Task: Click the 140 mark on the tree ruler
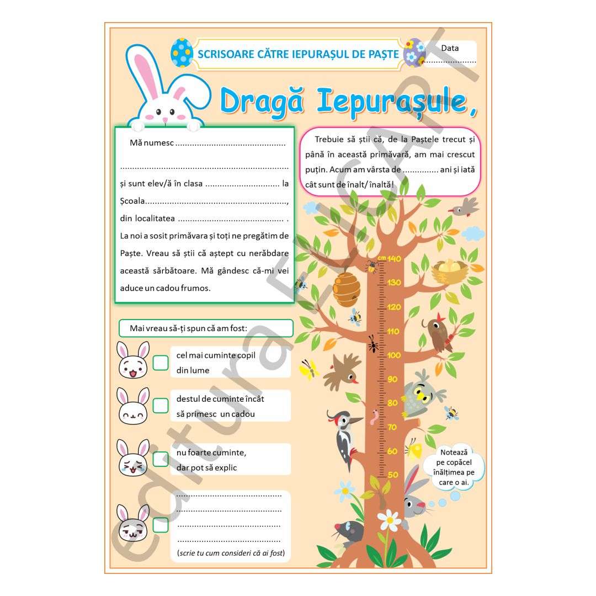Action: coord(394,258)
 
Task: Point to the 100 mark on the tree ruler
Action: coord(394,355)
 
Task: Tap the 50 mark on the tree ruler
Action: coord(393,474)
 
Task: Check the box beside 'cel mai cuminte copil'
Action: coord(161,363)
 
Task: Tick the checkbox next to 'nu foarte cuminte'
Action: coord(161,459)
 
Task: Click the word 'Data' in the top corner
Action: coord(450,48)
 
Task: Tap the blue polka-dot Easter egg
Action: coord(182,53)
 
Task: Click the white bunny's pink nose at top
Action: coord(164,118)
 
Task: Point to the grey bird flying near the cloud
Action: coord(463,207)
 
